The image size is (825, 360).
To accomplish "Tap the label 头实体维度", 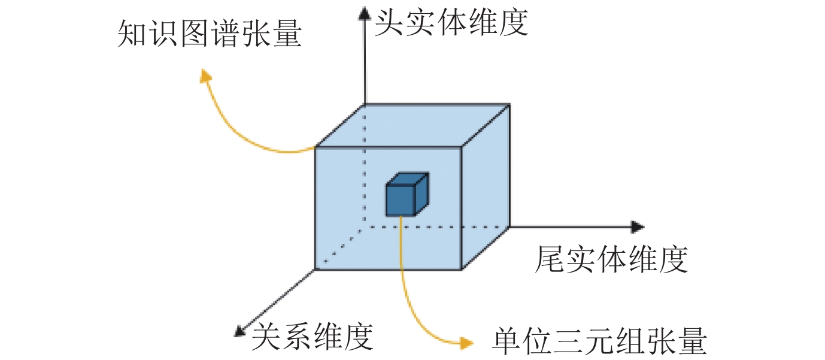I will [451, 22].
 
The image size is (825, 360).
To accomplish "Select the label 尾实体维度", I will [611, 259].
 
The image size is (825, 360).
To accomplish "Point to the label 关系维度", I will [312, 337].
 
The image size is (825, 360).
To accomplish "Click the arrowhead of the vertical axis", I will [364, 13].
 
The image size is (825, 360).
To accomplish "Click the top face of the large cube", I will [413, 125].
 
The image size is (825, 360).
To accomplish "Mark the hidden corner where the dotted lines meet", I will [365, 228].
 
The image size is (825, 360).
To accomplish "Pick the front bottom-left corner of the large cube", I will [316, 269].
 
